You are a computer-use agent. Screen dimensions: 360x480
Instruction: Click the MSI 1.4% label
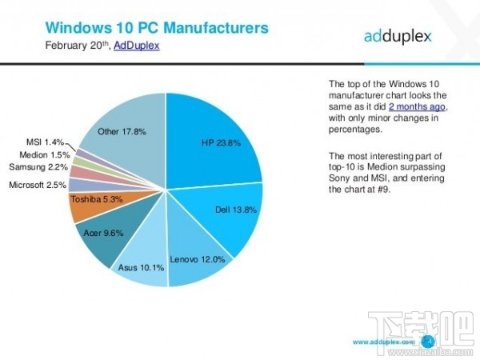[47, 142]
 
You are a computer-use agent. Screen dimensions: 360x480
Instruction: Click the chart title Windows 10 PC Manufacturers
[156, 29]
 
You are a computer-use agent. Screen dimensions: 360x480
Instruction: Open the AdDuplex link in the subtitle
[136, 46]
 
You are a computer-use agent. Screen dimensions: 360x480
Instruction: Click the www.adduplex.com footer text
[383, 341]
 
